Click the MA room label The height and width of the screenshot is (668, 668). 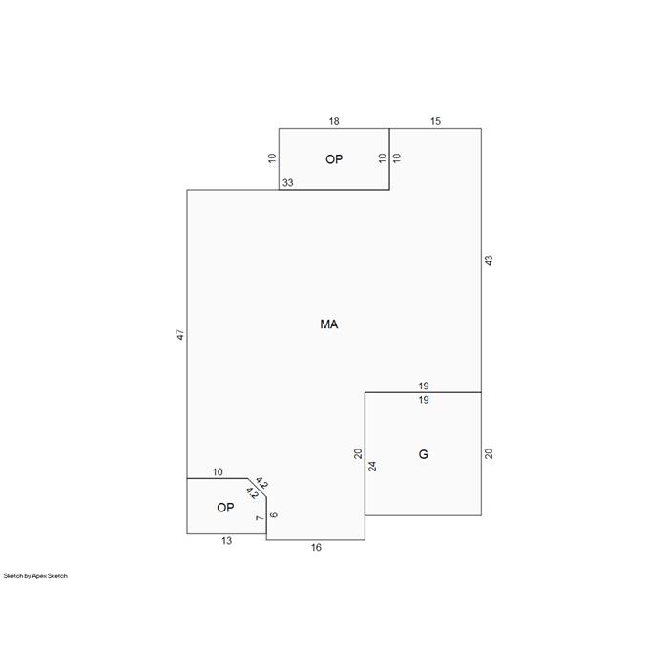click(x=329, y=324)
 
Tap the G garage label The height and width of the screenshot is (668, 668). click(x=423, y=454)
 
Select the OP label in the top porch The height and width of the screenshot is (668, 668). click(x=334, y=159)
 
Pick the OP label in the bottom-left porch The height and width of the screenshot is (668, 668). click(x=225, y=508)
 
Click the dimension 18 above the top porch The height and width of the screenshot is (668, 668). click(x=334, y=121)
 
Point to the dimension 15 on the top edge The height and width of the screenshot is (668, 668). click(x=435, y=121)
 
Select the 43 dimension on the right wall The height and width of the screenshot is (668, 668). click(x=489, y=261)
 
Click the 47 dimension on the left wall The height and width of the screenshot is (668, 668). click(x=180, y=334)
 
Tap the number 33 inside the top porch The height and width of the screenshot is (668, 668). click(x=288, y=183)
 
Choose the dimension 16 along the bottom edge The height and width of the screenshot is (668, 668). click(x=316, y=548)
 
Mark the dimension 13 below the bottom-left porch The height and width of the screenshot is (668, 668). click(x=227, y=541)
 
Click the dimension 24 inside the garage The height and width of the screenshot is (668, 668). click(x=372, y=466)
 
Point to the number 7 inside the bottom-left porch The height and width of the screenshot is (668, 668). click(x=260, y=518)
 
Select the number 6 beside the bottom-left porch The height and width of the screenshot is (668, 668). click(x=274, y=515)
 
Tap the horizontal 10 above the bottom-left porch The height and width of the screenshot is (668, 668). click(x=218, y=472)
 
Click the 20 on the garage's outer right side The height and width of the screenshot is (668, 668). click(x=489, y=453)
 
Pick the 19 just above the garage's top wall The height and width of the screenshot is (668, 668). click(x=424, y=386)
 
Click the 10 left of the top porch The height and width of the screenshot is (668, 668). click(x=272, y=158)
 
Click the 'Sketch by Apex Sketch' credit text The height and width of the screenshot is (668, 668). click(x=35, y=576)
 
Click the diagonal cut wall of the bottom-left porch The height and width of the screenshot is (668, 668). click(x=257, y=488)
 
